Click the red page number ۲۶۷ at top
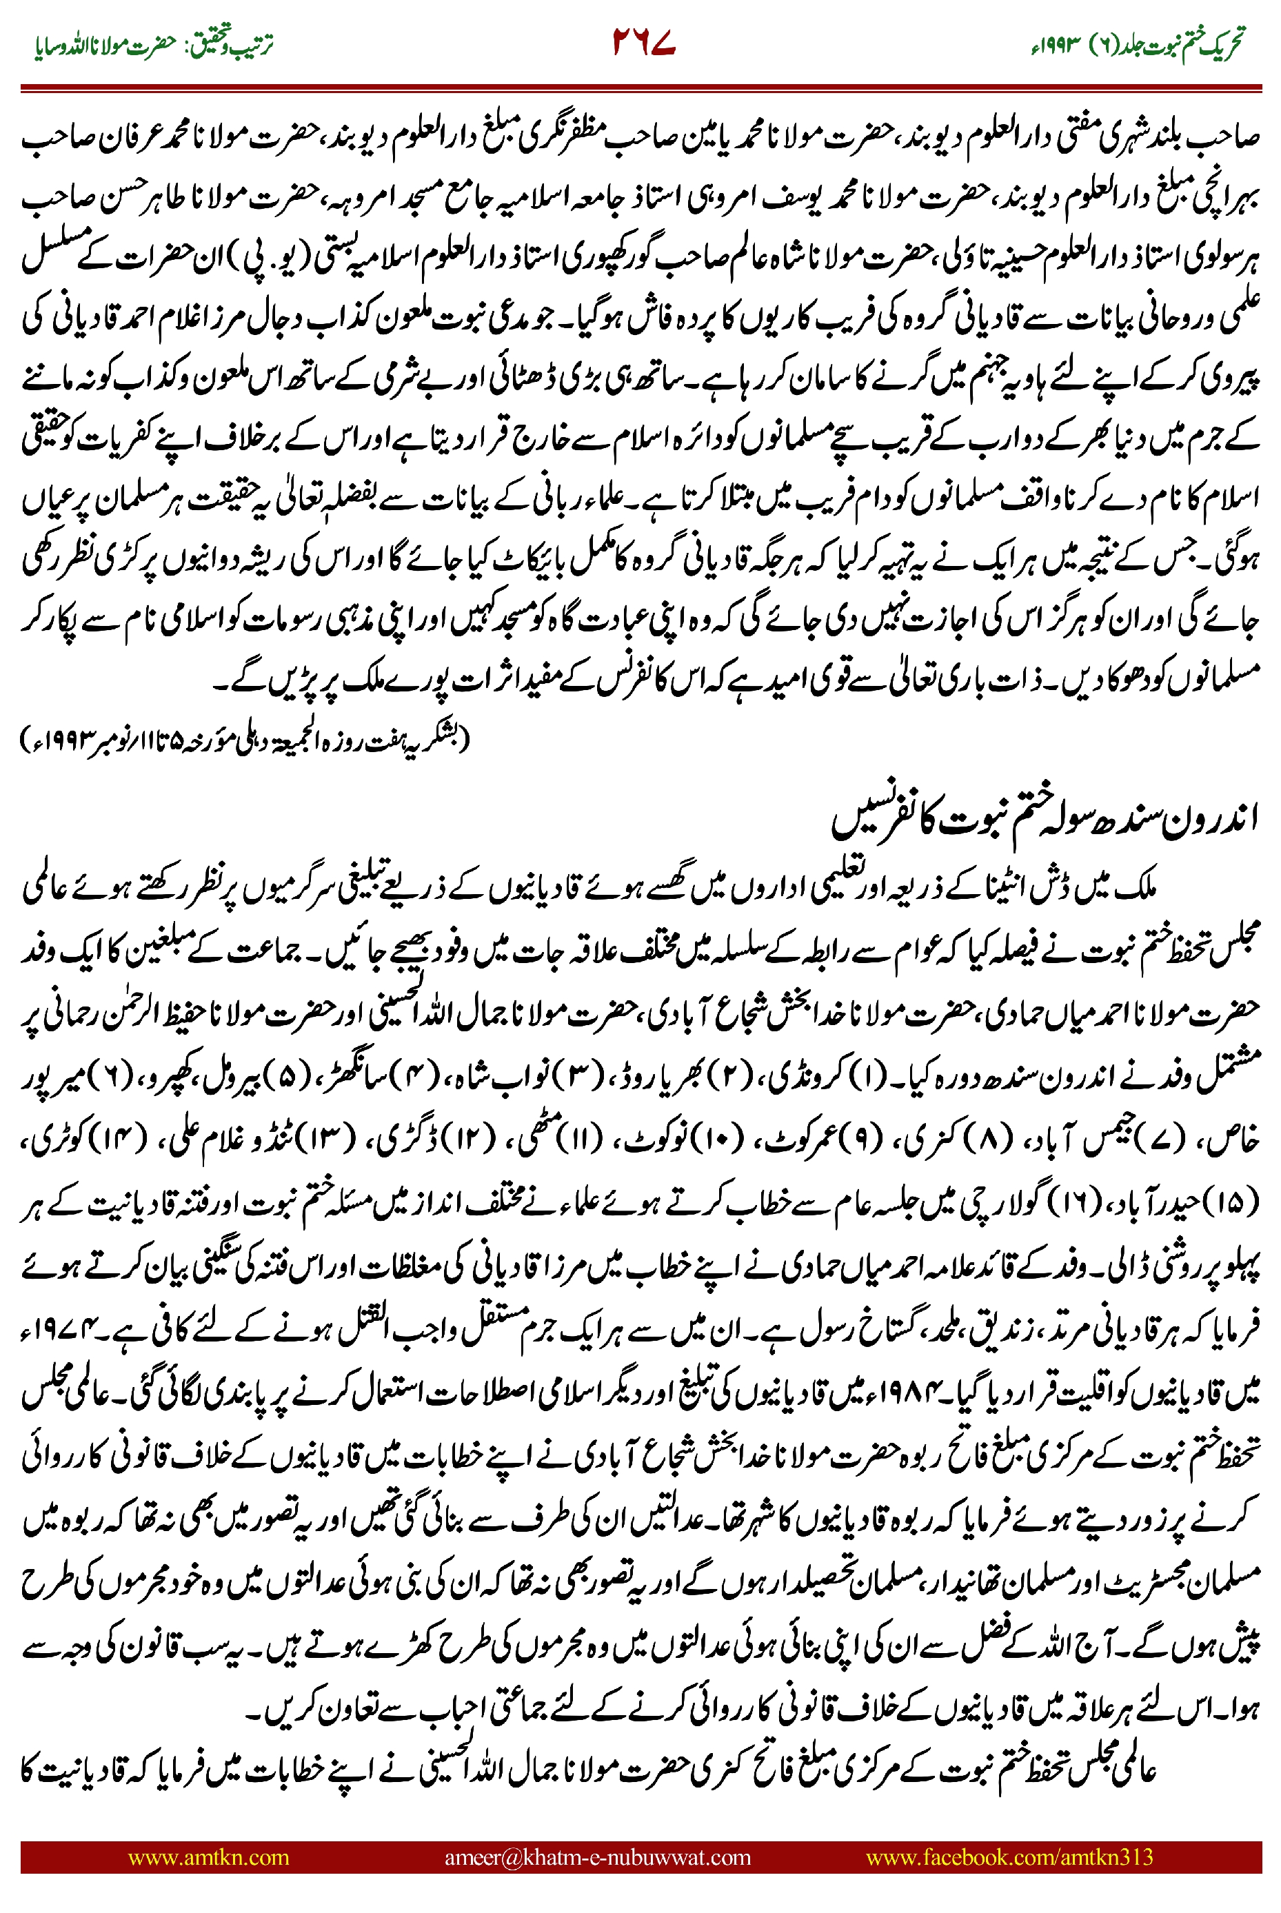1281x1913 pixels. (x=644, y=43)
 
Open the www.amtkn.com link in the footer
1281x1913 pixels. (x=208, y=1856)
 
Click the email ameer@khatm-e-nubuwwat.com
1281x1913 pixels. (x=597, y=1856)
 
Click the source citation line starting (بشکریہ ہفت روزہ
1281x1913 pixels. (x=245, y=738)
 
